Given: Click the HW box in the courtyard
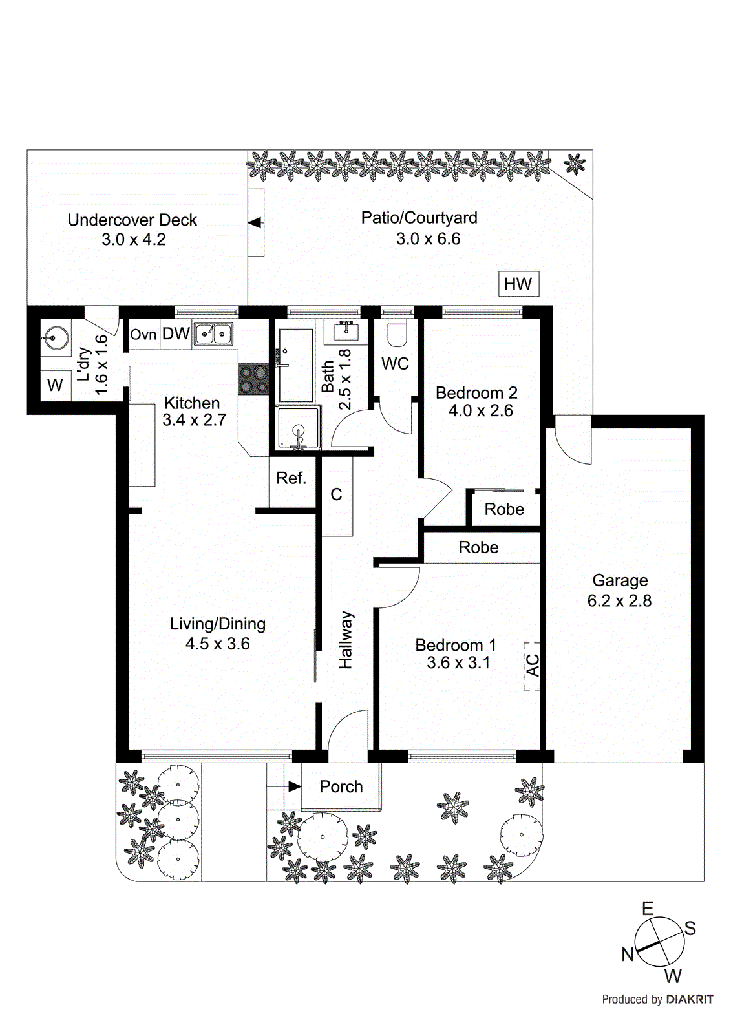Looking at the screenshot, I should [x=518, y=284].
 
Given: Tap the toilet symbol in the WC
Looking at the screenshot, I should [x=395, y=333].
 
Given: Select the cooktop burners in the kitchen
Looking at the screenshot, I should [x=253, y=379].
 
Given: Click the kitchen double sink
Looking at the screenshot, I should [x=214, y=333].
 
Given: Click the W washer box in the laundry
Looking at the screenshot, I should [x=55, y=385].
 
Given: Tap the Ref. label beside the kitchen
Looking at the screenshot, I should [x=291, y=478].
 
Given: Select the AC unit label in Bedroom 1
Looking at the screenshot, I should [x=532, y=666].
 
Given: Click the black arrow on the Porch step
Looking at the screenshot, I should [x=294, y=786].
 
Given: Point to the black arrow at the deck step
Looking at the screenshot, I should [x=255, y=222].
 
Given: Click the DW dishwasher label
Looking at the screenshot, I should [x=175, y=333].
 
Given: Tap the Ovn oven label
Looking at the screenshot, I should [x=143, y=334].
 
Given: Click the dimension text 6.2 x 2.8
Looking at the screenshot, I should [x=619, y=601].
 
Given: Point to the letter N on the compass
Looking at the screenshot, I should [x=627, y=954].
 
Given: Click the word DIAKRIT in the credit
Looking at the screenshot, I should [x=690, y=999].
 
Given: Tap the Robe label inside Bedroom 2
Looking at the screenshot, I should [x=504, y=509].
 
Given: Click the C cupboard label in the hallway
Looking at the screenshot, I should [x=336, y=494].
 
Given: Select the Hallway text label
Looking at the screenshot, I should [x=346, y=640].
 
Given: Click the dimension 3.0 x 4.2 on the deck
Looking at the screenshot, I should [x=133, y=240].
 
